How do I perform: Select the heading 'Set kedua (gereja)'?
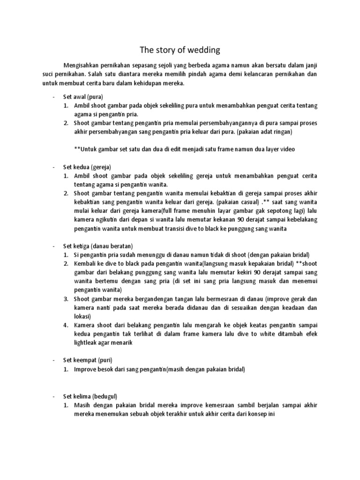[87, 167]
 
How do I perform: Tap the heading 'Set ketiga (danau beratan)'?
[98, 246]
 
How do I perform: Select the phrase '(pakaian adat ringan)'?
[264, 132]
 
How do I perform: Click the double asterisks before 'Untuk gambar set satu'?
[76, 149]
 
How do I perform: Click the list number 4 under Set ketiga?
[67, 325]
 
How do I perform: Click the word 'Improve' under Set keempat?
[85, 369]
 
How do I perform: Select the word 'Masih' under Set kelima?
[82, 405]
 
